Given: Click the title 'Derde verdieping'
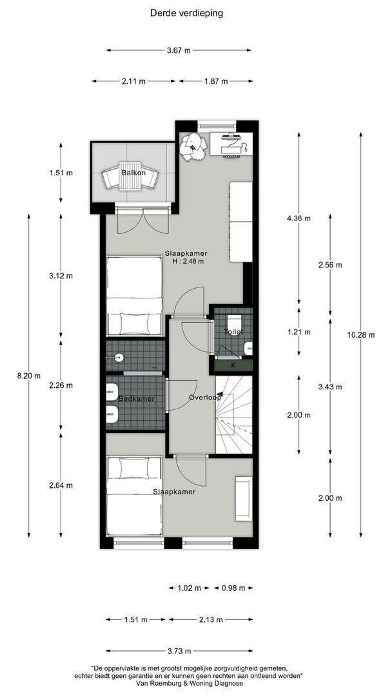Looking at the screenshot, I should pos(187,12).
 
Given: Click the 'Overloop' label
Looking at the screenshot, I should pos(205,398).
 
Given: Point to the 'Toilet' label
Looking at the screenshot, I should pos(233,331).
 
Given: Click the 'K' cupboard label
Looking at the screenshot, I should pos(233,365).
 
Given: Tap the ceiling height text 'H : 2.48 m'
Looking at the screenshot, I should pos(188,262).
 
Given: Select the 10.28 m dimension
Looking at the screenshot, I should pos(360,334).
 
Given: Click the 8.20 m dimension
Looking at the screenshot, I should pos(28,376).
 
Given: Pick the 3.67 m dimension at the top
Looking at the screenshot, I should pos(179,50).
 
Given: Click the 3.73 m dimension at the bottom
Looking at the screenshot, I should pos(179,650).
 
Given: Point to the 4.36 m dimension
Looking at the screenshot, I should pos(299,218).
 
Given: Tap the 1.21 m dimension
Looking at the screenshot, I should pos(299,333).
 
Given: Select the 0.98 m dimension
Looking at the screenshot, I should pos(233,588).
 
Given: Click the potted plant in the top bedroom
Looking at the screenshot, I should pos(193,148).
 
